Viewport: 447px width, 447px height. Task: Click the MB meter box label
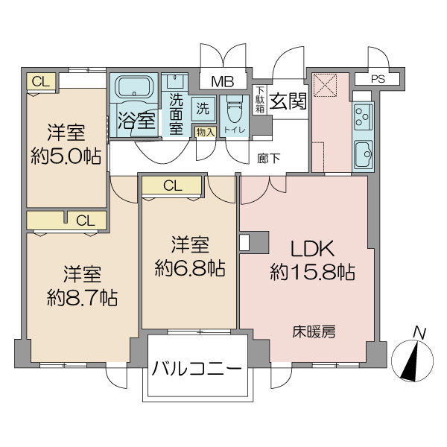pyautogui.click(x=223, y=82)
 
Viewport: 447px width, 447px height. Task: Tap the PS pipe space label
pyautogui.click(x=378, y=79)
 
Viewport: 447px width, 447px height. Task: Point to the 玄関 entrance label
pyautogui.click(x=288, y=101)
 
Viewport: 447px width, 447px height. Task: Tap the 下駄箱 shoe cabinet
pyautogui.click(x=259, y=100)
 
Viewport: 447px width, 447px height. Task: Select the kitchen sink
pyautogui.click(x=364, y=155)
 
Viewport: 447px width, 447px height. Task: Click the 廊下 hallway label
pyautogui.click(x=268, y=159)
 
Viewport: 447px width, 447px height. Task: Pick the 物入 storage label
pyautogui.click(x=206, y=133)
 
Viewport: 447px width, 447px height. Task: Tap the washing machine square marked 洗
pyautogui.click(x=203, y=108)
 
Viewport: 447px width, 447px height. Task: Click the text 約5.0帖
pyautogui.click(x=66, y=156)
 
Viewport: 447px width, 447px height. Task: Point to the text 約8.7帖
pyautogui.click(x=82, y=297)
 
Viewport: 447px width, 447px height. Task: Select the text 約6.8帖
pyautogui.click(x=190, y=268)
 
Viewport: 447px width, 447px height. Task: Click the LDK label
pyautogui.click(x=312, y=249)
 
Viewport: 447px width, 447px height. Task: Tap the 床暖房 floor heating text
pyautogui.click(x=314, y=332)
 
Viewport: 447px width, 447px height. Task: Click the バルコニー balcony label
pyautogui.click(x=197, y=369)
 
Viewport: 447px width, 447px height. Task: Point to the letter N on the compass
pyautogui.click(x=420, y=333)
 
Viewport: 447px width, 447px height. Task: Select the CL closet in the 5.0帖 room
pyautogui.click(x=41, y=82)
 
